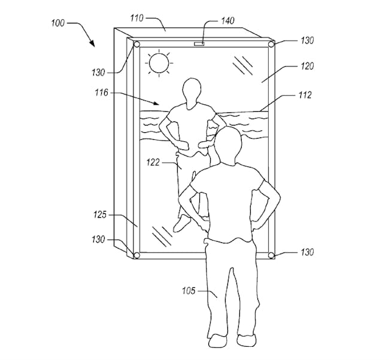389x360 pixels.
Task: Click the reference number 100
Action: click(x=58, y=23)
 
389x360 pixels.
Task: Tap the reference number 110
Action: click(x=137, y=18)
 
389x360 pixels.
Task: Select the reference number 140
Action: click(x=227, y=20)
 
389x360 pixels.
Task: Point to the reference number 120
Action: click(x=307, y=66)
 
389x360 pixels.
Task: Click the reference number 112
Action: click(x=305, y=95)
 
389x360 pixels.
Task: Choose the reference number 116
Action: click(x=102, y=93)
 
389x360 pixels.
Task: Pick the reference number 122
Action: click(x=153, y=163)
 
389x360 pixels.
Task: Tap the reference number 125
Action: click(x=100, y=215)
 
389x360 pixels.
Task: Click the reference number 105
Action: click(x=189, y=291)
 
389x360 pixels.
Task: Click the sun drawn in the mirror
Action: click(x=159, y=63)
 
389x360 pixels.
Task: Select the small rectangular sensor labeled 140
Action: click(x=199, y=44)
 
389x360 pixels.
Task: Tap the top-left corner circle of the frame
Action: click(x=136, y=45)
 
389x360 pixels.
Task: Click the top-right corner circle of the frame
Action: click(x=271, y=44)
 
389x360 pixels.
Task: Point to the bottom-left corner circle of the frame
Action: click(x=136, y=255)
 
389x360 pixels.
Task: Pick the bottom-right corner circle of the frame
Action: click(x=271, y=255)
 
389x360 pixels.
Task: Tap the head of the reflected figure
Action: click(x=192, y=93)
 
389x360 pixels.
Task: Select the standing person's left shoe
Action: click(x=217, y=341)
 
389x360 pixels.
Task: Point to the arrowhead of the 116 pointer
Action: click(x=156, y=103)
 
